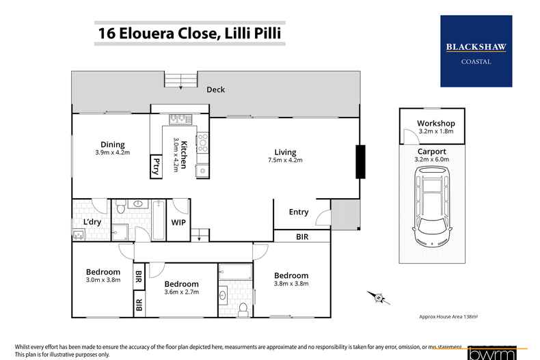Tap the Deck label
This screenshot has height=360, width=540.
point(216,89)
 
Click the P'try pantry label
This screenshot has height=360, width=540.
point(156,166)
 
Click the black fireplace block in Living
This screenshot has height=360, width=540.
point(359,162)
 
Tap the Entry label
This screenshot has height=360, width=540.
point(299,212)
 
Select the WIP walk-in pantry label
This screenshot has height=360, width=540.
point(178,222)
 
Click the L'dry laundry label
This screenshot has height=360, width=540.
point(92,222)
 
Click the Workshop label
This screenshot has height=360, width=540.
point(435,123)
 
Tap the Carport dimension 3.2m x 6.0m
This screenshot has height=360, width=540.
point(431,160)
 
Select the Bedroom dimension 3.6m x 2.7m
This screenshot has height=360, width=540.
point(181,292)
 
